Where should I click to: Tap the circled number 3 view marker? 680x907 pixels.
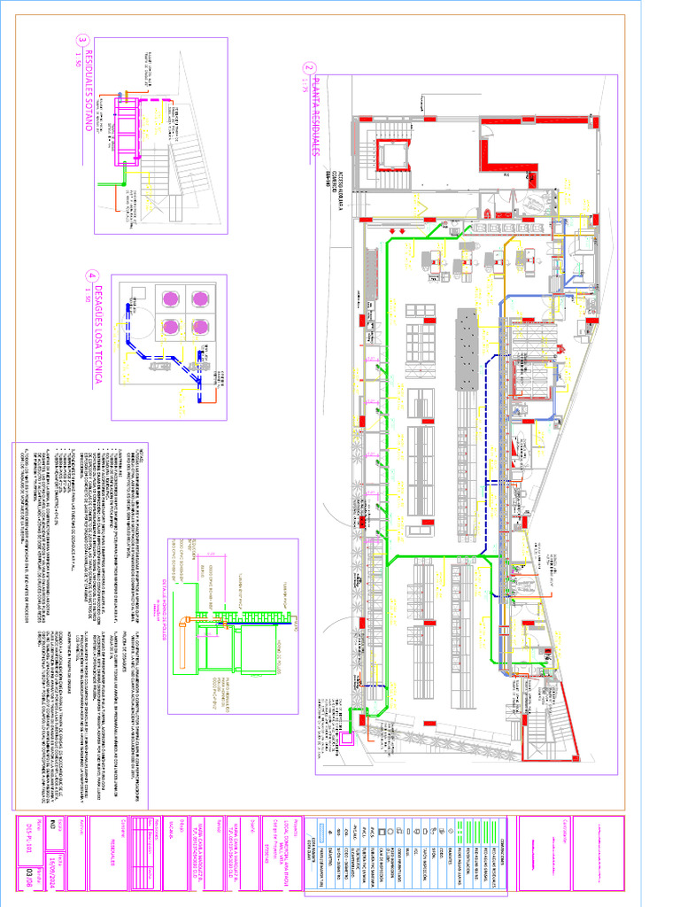(x=82, y=40)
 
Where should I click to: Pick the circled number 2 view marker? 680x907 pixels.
(x=308, y=68)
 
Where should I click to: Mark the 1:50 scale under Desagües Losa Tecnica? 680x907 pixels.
(x=89, y=294)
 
